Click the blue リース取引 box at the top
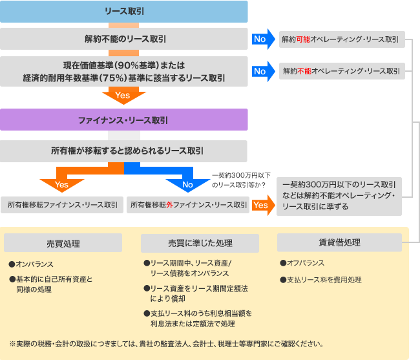tap(123, 11)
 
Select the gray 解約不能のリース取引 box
tap(123, 39)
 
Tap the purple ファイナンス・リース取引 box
tap(123, 120)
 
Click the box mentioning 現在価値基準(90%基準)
tap(123, 72)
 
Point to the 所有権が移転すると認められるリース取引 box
tap(123, 151)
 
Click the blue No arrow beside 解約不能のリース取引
tap(260, 39)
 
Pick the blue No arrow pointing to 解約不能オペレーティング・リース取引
tap(260, 71)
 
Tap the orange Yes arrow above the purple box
tap(123, 96)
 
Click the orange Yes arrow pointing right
tap(262, 205)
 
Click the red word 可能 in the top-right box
tap(304, 39)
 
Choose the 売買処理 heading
tap(63, 243)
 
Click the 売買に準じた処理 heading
tap(200, 243)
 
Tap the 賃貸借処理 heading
tap(339, 242)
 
